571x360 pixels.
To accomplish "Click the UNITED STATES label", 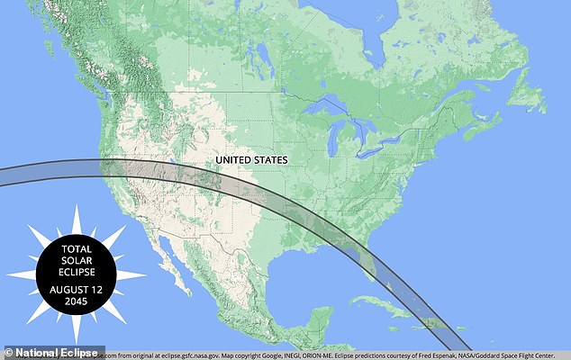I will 251,159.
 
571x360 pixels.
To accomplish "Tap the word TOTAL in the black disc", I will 76,247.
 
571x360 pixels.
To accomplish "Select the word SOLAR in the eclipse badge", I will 76,259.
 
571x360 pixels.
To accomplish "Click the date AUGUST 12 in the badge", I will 76,290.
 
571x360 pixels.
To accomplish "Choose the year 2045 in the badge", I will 76,302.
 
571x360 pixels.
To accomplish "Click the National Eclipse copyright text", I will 54,353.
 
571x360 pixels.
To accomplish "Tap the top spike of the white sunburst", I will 77,212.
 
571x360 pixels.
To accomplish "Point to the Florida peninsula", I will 367,261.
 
